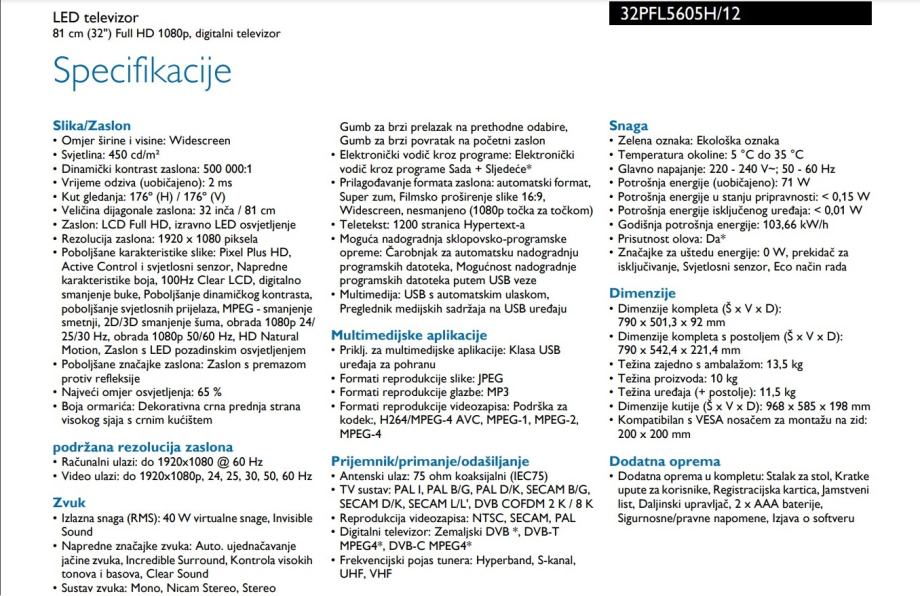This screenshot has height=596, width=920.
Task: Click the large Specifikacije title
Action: pos(142,72)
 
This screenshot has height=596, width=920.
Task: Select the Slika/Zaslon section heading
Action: pos(95,126)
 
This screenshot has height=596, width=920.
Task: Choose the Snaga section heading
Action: pos(628,126)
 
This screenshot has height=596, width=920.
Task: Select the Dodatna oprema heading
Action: pos(664,461)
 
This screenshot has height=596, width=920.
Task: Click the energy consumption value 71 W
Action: pos(796,183)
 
